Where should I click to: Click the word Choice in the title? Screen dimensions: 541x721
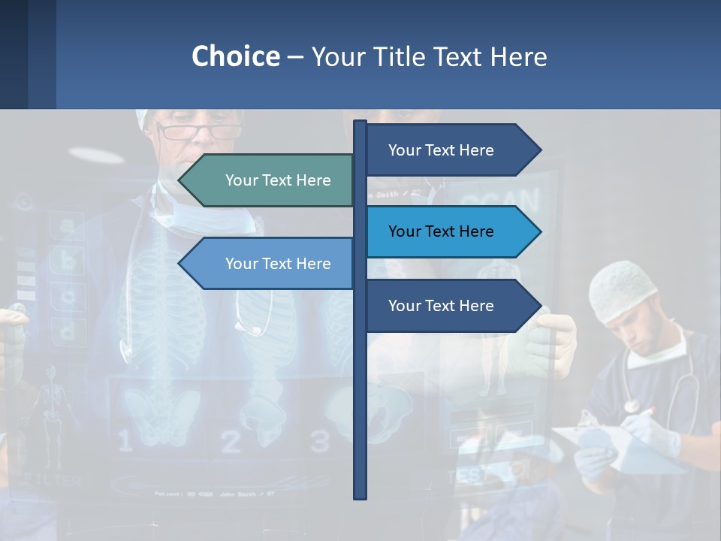(x=235, y=56)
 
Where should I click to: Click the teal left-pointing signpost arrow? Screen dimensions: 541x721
(x=270, y=180)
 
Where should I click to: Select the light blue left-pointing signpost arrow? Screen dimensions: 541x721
(x=270, y=264)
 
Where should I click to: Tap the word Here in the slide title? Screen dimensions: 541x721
(x=519, y=56)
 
